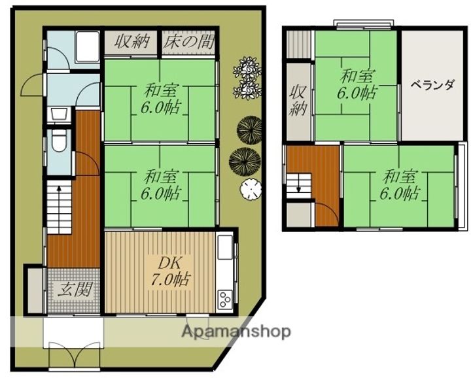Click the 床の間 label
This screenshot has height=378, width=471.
pos(188,42)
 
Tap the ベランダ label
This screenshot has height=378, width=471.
pos(432,85)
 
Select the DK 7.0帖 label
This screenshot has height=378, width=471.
pos(169,271)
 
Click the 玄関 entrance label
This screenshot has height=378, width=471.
pos(74,289)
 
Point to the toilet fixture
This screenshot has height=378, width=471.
pos(59,142)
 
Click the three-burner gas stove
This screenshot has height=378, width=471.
pos(224,300)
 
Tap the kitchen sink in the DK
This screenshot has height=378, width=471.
pos(225,247)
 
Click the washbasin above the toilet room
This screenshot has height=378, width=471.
pos(59,114)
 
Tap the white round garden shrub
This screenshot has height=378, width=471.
pos(251,189)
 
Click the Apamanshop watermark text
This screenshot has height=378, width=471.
pos(236,332)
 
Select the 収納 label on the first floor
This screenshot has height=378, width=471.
pos(132,41)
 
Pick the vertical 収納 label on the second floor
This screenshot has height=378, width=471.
pos(298,101)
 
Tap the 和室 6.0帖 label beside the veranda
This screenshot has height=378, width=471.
pos(357,84)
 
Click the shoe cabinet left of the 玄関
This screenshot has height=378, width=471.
pos(35,291)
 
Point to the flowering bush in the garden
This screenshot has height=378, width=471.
pos(247,78)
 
